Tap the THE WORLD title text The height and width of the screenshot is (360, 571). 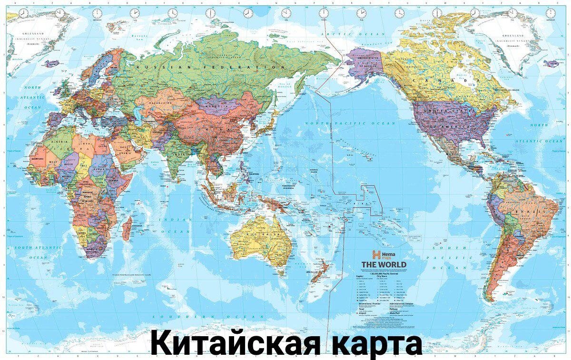pyautogui.click(x=384, y=264)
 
